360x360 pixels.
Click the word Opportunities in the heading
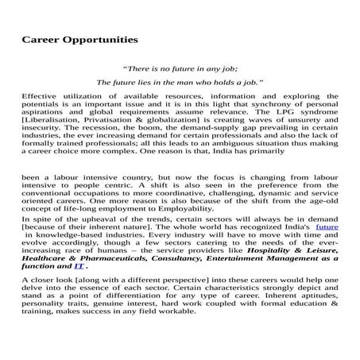[95, 39]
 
